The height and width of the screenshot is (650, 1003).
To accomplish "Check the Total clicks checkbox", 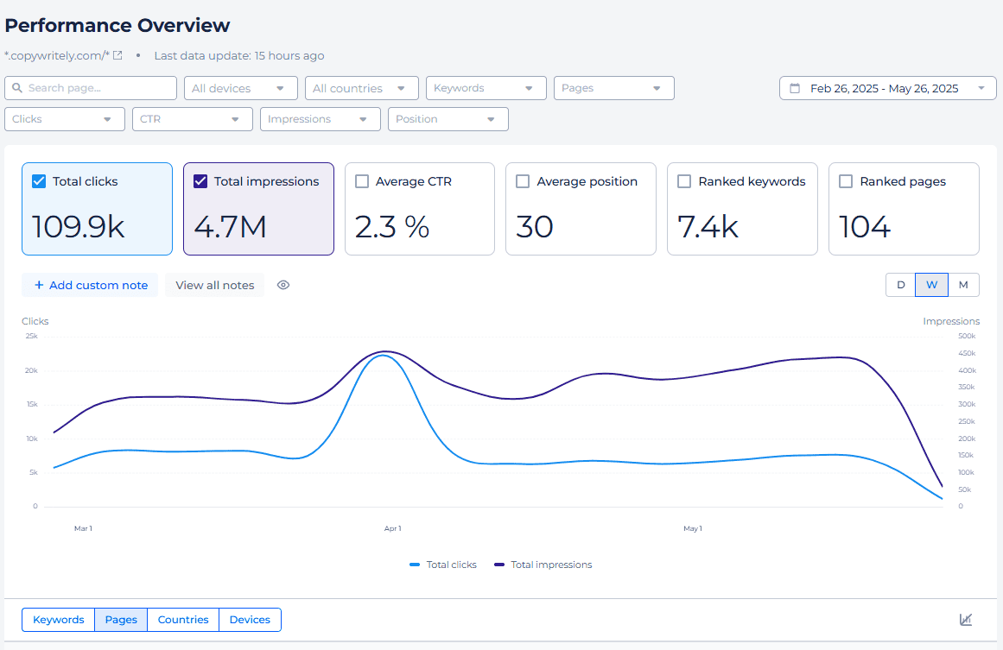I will pyautogui.click(x=39, y=181).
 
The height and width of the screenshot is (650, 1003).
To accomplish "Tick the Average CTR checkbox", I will pyautogui.click(x=362, y=181).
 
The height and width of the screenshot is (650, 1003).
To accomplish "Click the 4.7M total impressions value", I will pyautogui.click(x=230, y=227).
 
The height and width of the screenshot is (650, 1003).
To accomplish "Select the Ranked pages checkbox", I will pyautogui.click(x=846, y=181).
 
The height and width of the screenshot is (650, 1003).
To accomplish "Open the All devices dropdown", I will pyautogui.click(x=240, y=88).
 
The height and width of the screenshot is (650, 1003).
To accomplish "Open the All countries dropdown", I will pyautogui.click(x=361, y=88).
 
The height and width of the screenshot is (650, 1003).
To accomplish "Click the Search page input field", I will pyautogui.click(x=91, y=88).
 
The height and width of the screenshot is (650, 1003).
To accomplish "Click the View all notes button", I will pyautogui.click(x=215, y=285).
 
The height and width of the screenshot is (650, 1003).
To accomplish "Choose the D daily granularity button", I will pyautogui.click(x=900, y=285).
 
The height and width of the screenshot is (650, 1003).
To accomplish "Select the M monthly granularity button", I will pyautogui.click(x=963, y=285).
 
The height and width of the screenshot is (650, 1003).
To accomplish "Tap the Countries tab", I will pyautogui.click(x=183, y=620).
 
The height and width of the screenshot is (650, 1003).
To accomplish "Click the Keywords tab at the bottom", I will pyautogui.click(x=58, y=620).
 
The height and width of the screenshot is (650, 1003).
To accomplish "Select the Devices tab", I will pyautogui.click(x=250, y=620).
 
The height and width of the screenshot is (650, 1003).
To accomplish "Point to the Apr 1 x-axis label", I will pyautogui.click(x=392, y=528).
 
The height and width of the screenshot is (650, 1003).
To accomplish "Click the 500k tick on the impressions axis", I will pyautogui.click(x=967, y=336).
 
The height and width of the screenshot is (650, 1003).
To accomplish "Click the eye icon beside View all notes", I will pyautogui.click(x=283, y=285).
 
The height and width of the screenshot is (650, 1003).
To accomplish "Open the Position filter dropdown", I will pyautogui.click(x=448, y=119).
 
